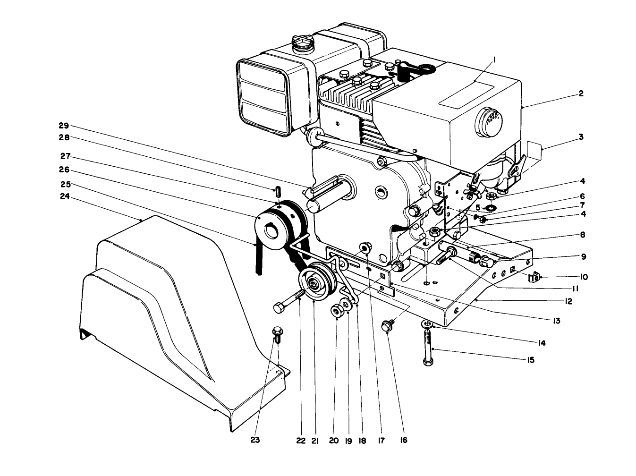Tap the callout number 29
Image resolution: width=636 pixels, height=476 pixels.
click(x=64, y=126)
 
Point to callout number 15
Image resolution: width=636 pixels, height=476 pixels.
click(x=530, y=360)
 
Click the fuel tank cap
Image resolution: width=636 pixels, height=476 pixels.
click(x=302, y=44)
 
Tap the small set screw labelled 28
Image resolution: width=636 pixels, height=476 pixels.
click(x=278, y=192)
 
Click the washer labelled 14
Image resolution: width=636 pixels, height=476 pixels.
click(x=427, y=323)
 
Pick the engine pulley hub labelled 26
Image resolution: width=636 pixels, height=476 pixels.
click(x=269, y=230)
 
